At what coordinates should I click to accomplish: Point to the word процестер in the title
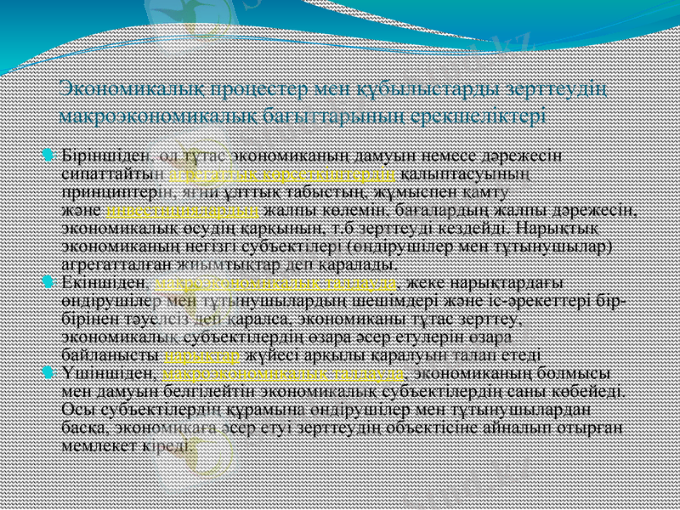[x=233, y=88]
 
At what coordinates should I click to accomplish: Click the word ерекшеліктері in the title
[x=492, y=114]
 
